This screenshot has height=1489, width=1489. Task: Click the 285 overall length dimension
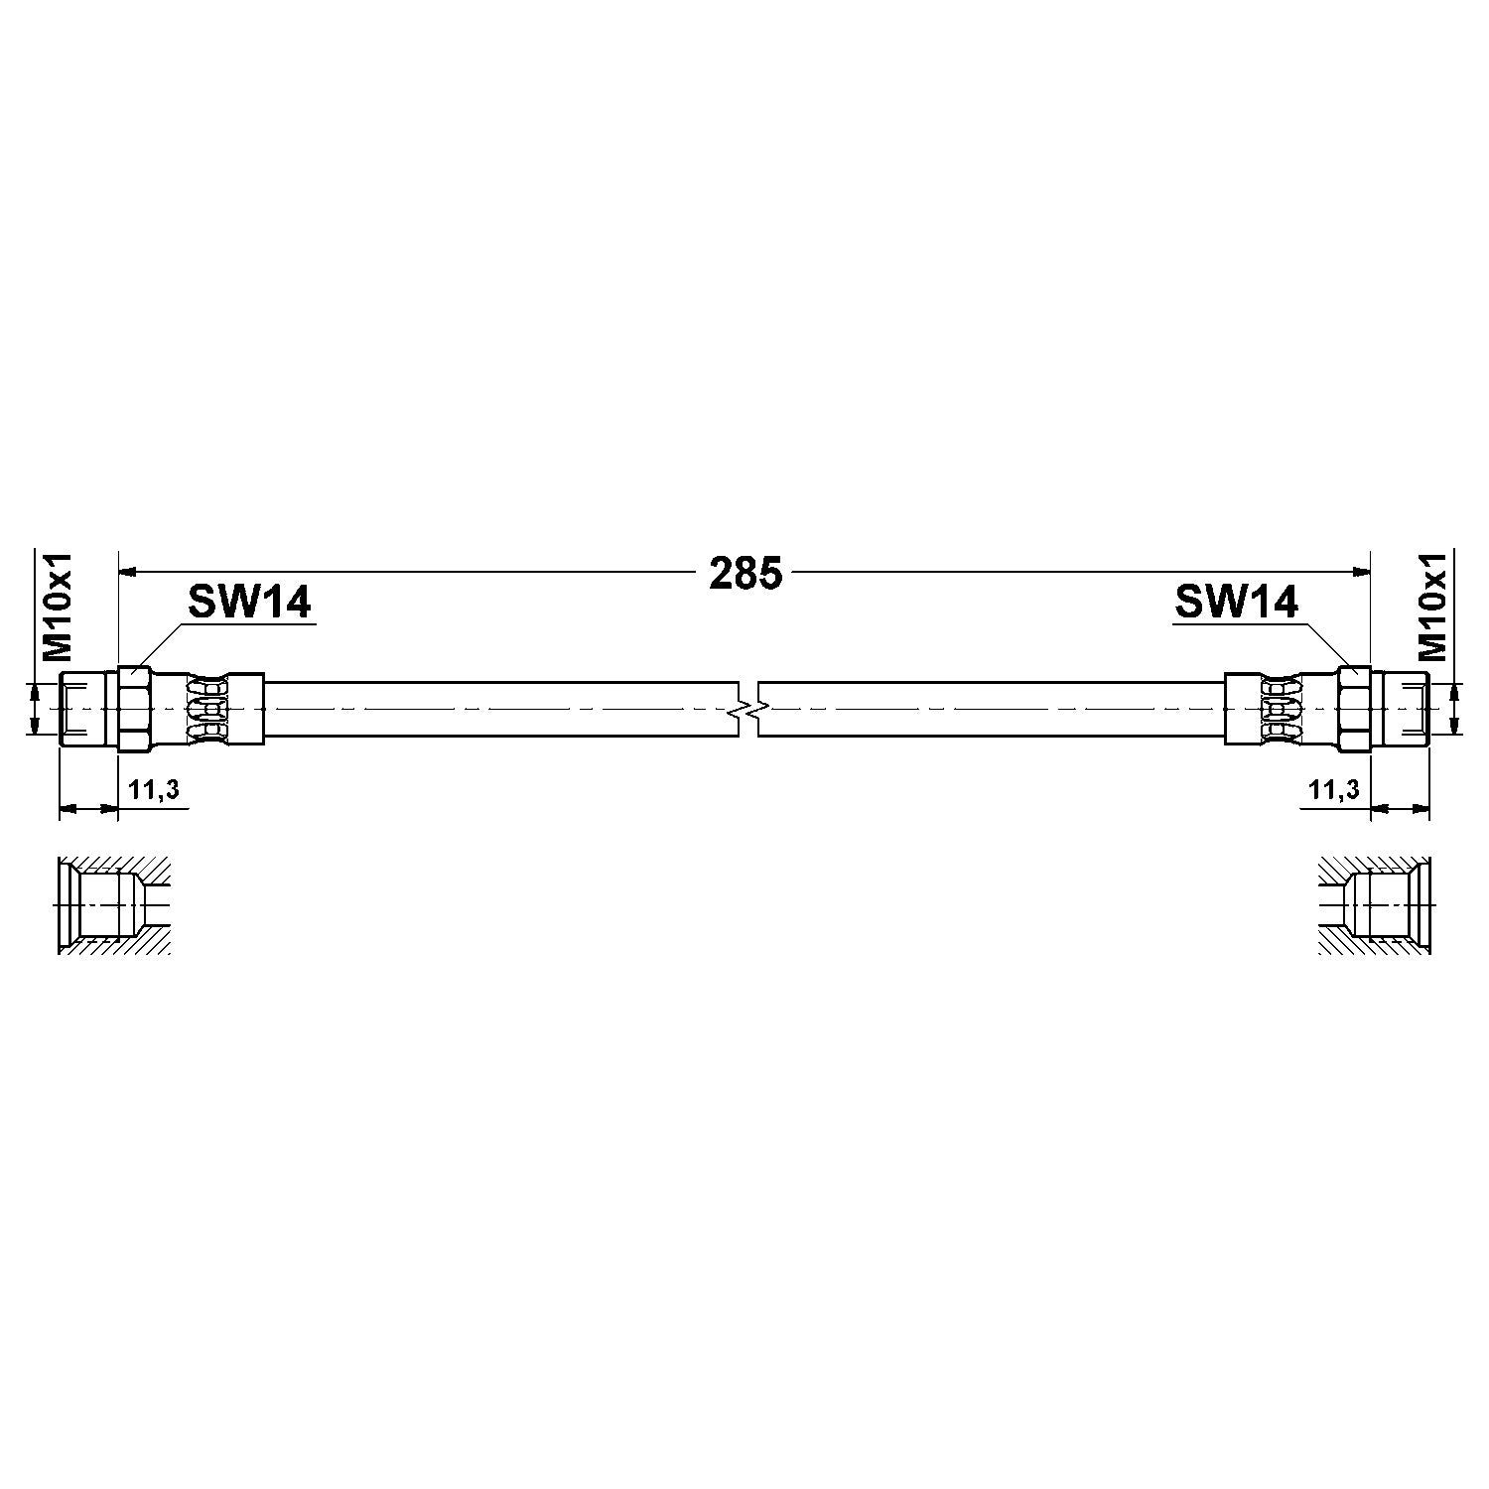pos(745,574)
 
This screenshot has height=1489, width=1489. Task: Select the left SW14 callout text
pos(249,602)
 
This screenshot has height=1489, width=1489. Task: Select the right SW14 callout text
pos(1236,602)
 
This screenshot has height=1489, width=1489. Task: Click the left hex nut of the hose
pos(135,709)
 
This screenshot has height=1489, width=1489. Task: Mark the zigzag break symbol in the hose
pos(748,709)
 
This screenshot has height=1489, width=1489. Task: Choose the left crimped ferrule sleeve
pos(223,709)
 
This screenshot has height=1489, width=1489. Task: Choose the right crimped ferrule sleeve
pos(1266,709)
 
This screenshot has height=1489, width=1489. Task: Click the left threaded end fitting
pos(89,709)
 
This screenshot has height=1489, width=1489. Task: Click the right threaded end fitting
pos(1400,709)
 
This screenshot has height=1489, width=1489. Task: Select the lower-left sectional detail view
pos(114,904)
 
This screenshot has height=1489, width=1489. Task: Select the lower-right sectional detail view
pos(1375,904)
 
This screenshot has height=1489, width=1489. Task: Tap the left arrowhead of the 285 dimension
pos(127,572)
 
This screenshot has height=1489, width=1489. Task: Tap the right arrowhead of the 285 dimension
pos(1362,572)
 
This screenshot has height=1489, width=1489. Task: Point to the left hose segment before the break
pos(501,709)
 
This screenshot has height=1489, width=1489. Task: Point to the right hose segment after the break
pos(993,709)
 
